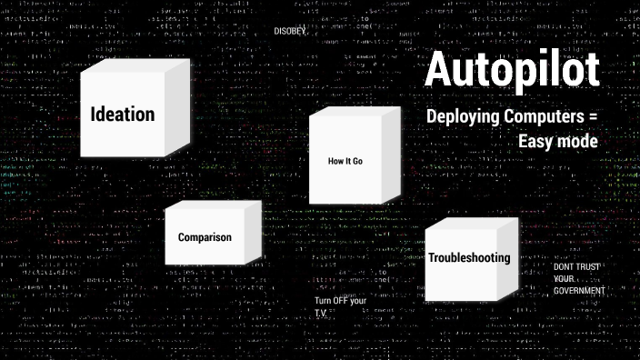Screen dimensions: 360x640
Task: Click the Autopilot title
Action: [512, 71]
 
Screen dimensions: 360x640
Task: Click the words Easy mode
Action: [557, 142]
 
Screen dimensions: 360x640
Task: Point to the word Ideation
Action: [123, 115]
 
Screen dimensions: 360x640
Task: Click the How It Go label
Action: [345, 161]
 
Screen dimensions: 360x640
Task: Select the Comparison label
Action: [205, 237]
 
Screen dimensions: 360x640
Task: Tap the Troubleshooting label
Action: [469, 258]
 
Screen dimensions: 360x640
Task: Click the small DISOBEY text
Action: [289, 31]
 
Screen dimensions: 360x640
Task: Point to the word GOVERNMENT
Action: [580, 290]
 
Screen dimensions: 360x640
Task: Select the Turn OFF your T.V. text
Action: [340, 306]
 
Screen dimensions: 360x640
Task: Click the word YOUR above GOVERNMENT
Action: [565, 278]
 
